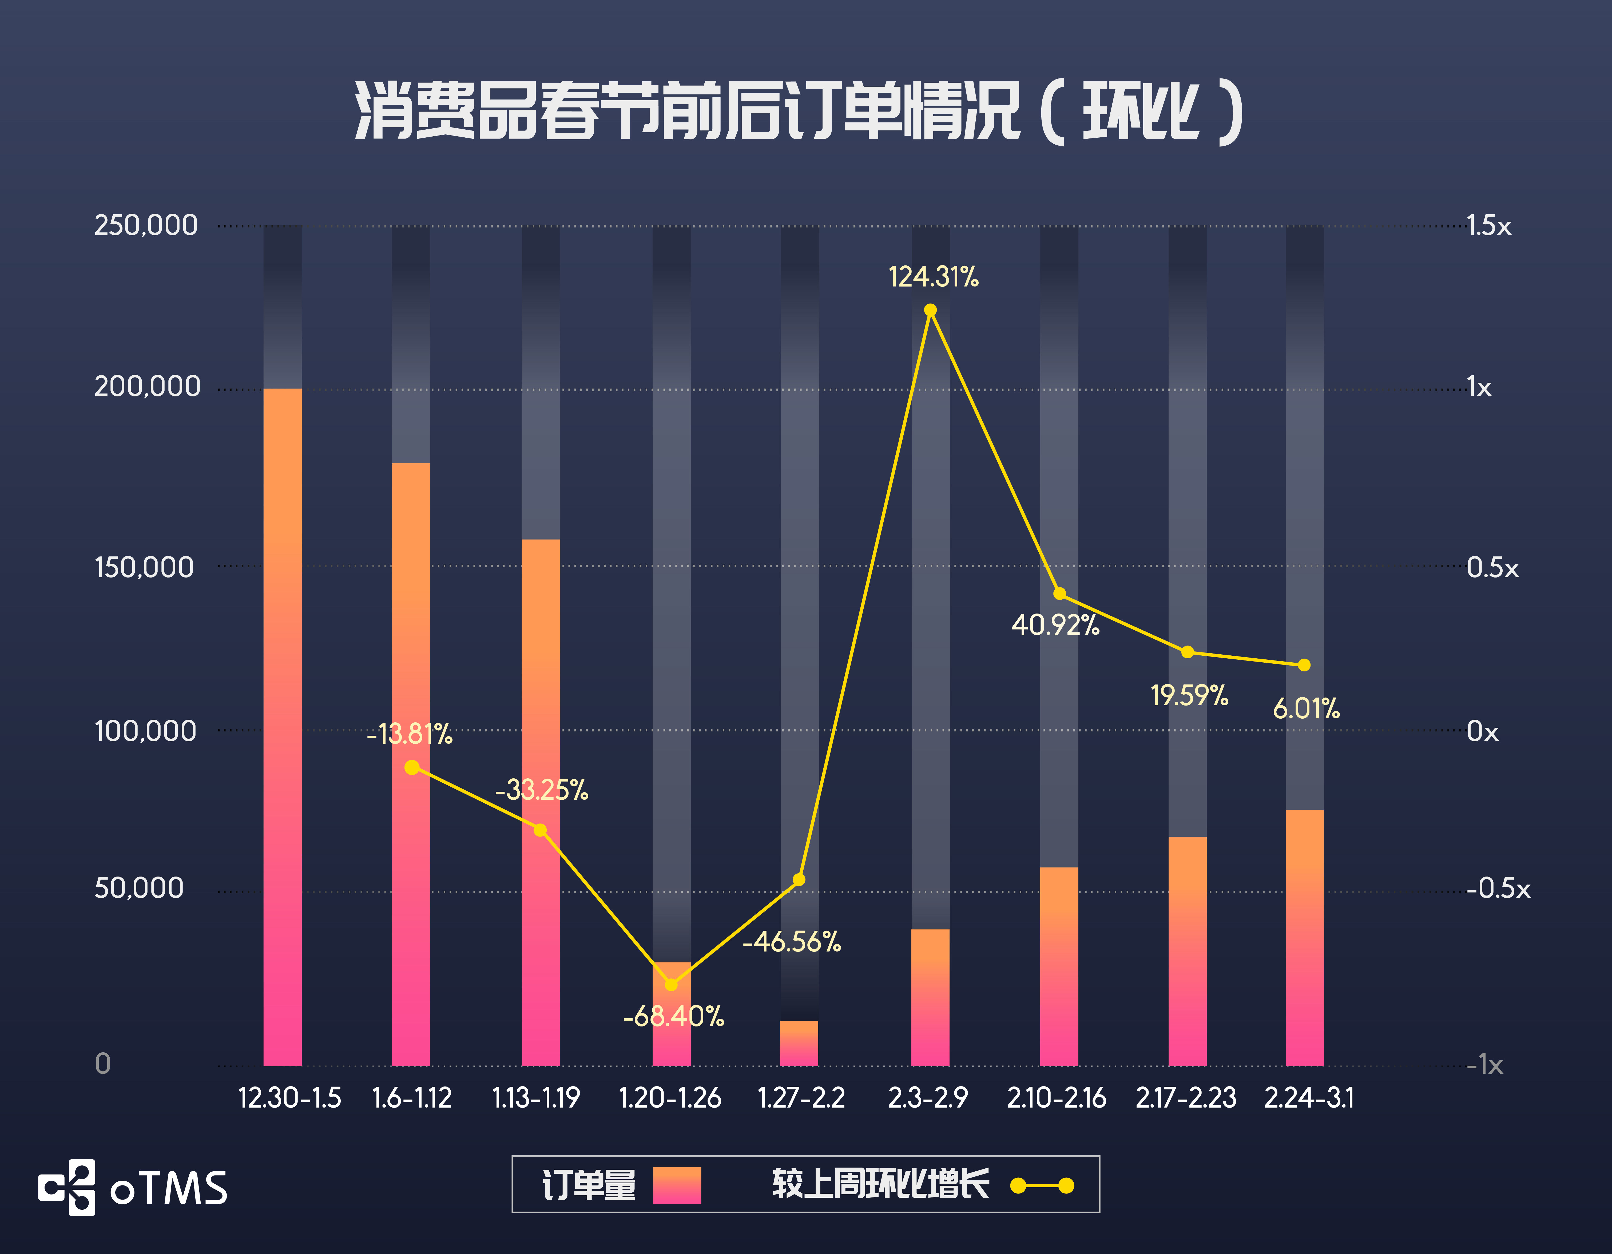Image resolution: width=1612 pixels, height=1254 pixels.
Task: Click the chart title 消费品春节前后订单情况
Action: pos(799,112)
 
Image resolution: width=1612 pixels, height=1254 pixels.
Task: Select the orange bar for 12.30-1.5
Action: pos(283,727)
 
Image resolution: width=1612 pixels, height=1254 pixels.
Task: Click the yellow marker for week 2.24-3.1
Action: pos(1304,665)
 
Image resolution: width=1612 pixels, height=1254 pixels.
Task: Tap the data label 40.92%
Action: pos(1055,625)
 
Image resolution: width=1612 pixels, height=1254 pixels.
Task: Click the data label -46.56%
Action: pos(792,942)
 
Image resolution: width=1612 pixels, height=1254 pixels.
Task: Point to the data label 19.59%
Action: pos(1189,695)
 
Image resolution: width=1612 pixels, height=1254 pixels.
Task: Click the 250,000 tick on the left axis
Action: pos(146,225)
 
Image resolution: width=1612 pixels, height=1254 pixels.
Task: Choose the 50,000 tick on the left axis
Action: pos(139,888)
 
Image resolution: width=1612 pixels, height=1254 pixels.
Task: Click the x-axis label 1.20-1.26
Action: pos(669,1098)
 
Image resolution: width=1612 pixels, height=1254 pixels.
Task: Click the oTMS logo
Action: pos(133,1187)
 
